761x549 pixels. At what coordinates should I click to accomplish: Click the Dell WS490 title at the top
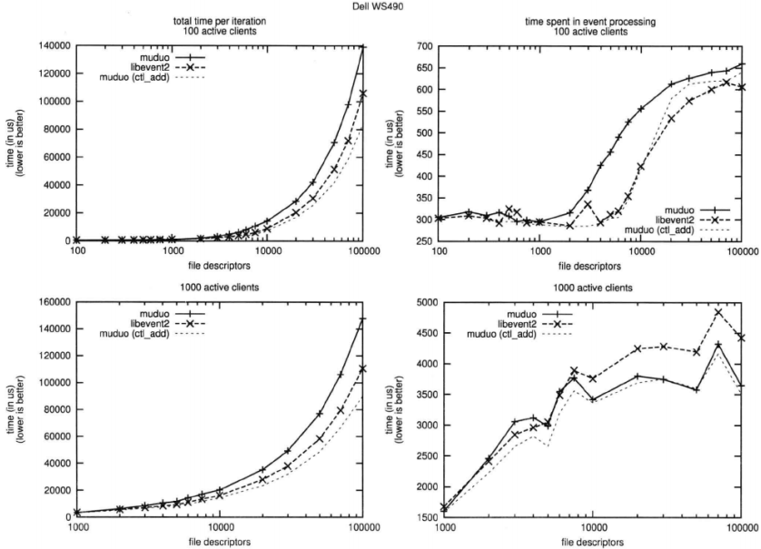(380, 5)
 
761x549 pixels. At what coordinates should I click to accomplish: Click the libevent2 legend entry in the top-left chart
(134, 64)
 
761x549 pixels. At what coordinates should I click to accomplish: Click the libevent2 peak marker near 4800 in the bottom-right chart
(718, 312)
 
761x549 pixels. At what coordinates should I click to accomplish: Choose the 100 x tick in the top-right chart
(440, 251)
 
